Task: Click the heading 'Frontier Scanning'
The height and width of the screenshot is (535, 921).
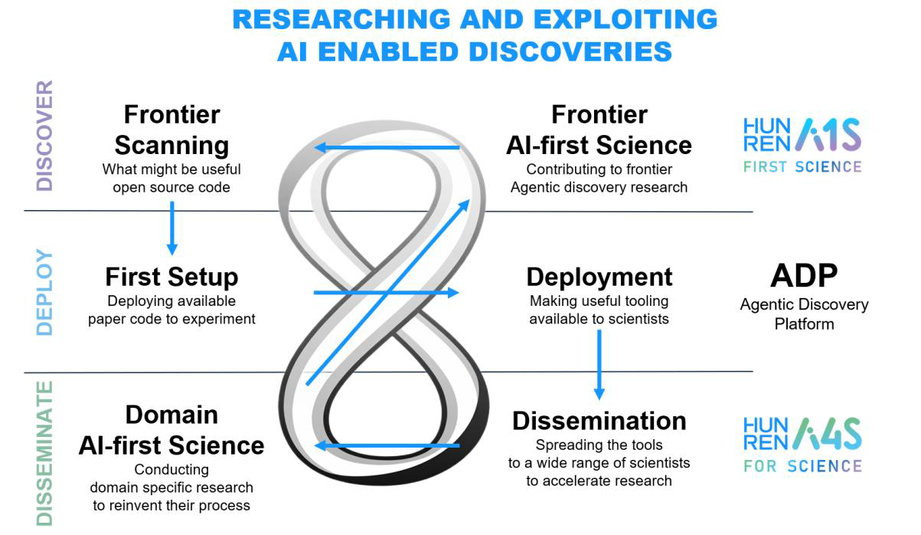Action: click(x=171, y=130)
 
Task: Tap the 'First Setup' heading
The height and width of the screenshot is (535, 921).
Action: click(x=171, y=276)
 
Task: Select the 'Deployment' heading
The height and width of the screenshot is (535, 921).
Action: click(x=599, y=276)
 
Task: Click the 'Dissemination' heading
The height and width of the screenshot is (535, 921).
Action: click(x=599, y=420)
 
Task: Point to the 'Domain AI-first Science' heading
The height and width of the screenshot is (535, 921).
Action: click(x=171, y=429)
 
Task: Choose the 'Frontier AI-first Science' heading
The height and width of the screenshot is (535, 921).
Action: click(x=599, y=130)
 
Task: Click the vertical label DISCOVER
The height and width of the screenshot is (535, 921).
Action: click(x=45, y=136)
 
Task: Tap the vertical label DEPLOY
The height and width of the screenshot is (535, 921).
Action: click(x=45, y=292)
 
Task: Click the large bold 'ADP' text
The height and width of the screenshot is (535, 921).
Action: click(x=803, y=274)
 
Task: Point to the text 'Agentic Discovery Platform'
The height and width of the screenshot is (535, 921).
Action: click(x=803, y=313)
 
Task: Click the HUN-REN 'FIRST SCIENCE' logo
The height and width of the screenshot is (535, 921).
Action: click(x=802, y=145)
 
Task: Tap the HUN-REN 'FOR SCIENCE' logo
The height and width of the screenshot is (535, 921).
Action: click(x=802, y=444)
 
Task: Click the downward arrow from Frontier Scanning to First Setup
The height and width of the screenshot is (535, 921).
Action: click(x=171, y=228)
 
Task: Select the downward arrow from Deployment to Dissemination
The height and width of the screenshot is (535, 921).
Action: click(x=599, y=364)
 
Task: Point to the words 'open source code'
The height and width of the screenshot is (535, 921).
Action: click(x=171, y=186)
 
